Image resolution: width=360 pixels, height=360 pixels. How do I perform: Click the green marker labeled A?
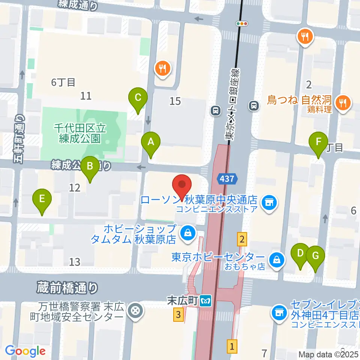[x=151, y=142]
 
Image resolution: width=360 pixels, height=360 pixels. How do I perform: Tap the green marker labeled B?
[x=90, y=166]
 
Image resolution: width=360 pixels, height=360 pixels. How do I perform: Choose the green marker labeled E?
[x=42, y=199]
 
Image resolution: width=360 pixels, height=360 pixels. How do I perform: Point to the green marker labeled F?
[x=318, y=142]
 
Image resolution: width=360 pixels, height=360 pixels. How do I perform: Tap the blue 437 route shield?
[x=227, y=179]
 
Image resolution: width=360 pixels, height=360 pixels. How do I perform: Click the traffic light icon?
[x=242, y=23]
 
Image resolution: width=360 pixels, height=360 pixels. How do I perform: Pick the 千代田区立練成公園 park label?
[x=80, y=133]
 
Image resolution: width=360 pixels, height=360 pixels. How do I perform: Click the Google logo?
[x=25, y=351]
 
